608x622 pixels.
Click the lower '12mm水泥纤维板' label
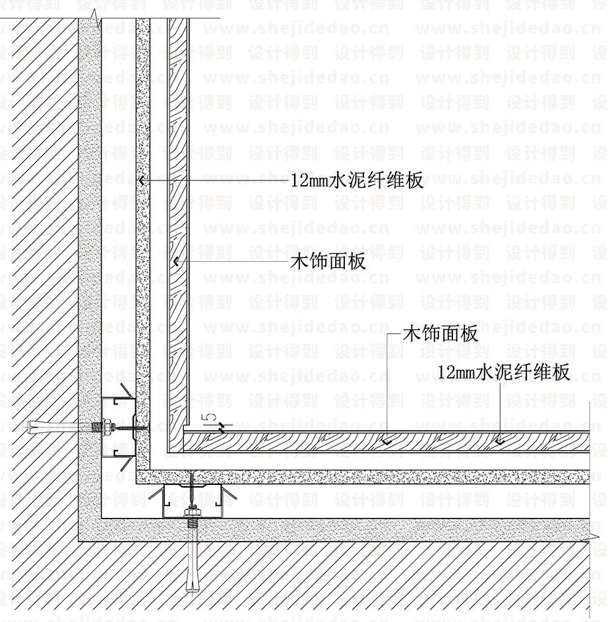pyautogui.click(x=504, y=372)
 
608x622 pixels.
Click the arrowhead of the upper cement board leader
pyautogui.click(x=141, y=179)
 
